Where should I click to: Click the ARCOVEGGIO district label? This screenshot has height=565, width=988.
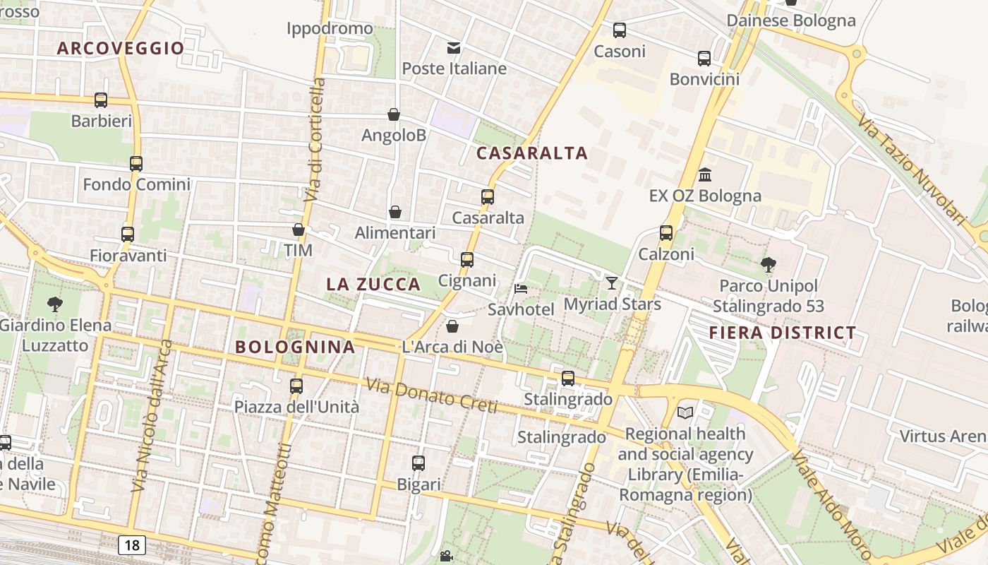pos(121,48)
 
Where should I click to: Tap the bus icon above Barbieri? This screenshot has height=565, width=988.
pos(101,100)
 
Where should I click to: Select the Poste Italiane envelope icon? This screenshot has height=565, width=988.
pos(454,48)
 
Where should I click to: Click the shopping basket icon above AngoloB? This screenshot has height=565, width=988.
pos(394,114)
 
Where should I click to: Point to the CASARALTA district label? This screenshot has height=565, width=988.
pos(532,153)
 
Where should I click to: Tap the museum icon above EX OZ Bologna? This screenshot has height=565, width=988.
pos(704,174)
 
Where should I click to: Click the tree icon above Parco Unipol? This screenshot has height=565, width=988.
pos(768,265)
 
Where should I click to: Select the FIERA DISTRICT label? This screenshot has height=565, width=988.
pos(783,333)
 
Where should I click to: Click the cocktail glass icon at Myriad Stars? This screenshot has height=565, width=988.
pos(612,283)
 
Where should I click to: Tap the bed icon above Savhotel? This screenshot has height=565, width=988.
pos(521,289)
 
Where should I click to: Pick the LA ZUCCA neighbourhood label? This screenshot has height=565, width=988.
pos(373,285)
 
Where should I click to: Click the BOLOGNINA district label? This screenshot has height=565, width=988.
pos(295,347)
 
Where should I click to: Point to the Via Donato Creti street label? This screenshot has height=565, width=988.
pos(431,396)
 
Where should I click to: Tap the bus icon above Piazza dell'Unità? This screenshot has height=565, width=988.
pos(296,386)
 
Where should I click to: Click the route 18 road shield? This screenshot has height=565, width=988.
pos(132,545)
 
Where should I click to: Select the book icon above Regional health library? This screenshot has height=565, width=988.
pos(685,412)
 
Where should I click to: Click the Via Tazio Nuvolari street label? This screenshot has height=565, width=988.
pos(911,169)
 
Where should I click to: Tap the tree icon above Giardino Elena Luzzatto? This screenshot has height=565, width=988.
pos(55,304)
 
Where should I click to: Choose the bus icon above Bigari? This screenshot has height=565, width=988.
pos(418,463)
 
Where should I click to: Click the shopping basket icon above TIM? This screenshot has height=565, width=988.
pos(299,230)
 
